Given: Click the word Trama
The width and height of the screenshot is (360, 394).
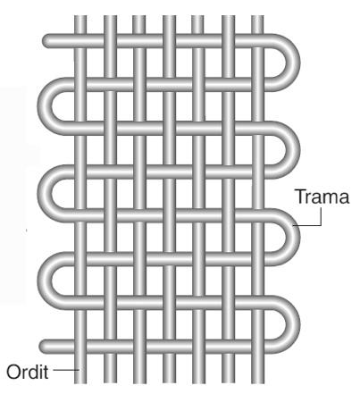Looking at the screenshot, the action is (x=322, y=197).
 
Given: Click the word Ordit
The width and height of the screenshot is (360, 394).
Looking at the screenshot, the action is (x=28, y=372).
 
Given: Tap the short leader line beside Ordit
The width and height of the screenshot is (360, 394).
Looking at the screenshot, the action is (x=66, y=370).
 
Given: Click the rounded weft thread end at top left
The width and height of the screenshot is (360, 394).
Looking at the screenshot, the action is (x=47, y=41).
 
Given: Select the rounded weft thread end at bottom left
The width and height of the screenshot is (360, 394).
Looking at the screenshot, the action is (x=45, y=347).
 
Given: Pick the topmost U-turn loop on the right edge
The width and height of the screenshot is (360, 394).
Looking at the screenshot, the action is (x=292, y=63).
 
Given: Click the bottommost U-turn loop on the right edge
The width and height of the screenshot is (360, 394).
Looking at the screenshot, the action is (x=292, y=324).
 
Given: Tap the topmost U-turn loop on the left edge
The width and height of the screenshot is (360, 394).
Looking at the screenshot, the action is (x=45, y=106).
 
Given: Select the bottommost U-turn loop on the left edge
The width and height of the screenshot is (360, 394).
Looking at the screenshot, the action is (x=45, y=281).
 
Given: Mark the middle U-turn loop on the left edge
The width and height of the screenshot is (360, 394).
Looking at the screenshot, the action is (x=45, y=194).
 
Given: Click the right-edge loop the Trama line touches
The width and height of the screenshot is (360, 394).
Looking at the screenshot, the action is (x=292, y=238).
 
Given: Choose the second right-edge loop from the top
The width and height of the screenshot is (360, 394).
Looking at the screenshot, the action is (x=292, y=150).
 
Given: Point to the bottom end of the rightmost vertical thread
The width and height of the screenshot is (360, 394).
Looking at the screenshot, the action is (x=257, y=381).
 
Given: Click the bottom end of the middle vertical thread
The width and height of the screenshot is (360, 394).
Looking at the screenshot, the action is (x=169, y=381).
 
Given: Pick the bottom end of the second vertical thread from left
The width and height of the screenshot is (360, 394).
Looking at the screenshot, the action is (x=110, y=381).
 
